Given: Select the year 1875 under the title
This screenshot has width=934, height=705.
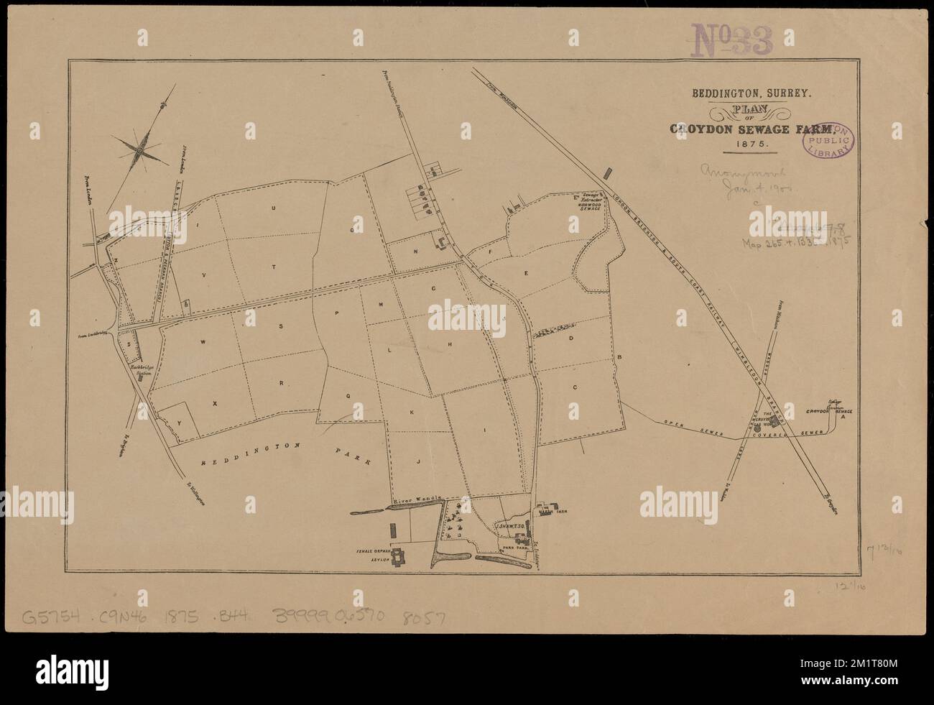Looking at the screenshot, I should (x=752, y=144).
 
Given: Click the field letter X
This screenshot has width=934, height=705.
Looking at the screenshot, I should (x=213, y=404).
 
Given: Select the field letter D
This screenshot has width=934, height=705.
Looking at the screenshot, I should (x=571, y=337).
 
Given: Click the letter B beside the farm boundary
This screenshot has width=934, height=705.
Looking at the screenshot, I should (x=619, y=357).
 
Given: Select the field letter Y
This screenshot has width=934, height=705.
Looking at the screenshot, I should (x=179, y=423).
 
